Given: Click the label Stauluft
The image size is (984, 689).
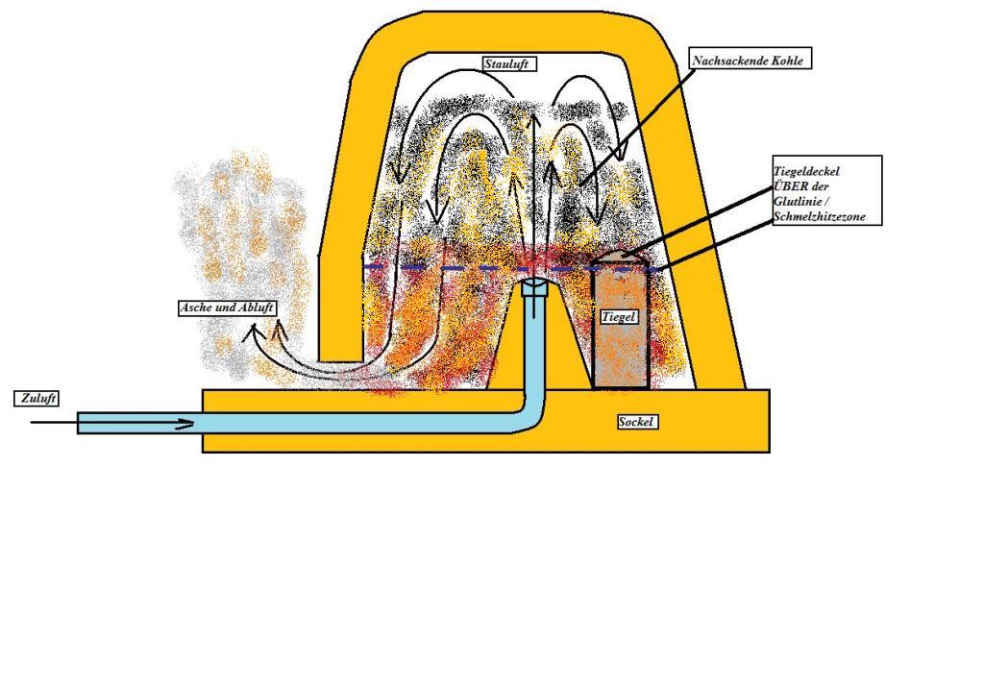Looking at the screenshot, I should tap(507, 64).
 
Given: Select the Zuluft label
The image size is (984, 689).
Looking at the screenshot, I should tap(37, 398).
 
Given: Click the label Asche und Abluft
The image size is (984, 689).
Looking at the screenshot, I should tap(228, 308).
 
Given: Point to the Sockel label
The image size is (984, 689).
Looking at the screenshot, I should tap(636, 422).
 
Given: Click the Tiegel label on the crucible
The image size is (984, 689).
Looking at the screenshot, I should tap(620, 316).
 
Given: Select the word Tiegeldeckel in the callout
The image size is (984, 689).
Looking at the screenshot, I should tap(806, 171).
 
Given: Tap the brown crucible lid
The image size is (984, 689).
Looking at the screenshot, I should tap(624, 258).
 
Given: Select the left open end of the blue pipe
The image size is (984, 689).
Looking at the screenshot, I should tap(80, 423).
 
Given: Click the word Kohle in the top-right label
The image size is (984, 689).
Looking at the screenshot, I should tap(786, 61).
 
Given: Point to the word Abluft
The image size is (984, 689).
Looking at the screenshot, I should tap(255, 308).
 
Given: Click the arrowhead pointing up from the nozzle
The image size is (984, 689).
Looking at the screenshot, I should tap(533, 118).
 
